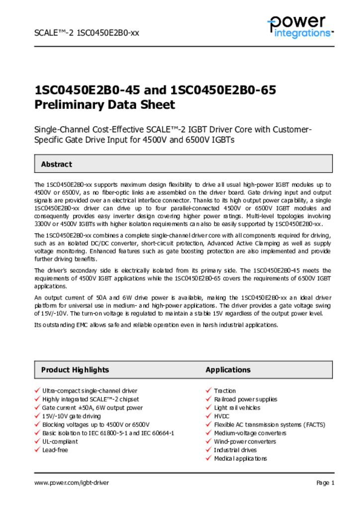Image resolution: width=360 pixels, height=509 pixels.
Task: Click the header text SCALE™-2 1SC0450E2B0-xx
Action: [87, 33]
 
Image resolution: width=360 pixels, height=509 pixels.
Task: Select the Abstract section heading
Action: [56, 164]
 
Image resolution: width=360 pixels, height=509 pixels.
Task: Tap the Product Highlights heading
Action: [75, 370]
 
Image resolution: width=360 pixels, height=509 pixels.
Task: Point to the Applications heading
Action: [228, 370]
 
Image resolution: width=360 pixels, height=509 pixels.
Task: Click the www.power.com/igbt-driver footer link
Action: [72, 483]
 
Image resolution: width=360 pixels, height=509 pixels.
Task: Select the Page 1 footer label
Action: [325, 483]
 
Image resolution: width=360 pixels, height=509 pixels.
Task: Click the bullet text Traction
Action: [225, 391]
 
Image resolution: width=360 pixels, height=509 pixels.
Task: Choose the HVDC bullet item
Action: [222, 416]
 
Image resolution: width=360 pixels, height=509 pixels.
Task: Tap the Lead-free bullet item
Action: [55, 450]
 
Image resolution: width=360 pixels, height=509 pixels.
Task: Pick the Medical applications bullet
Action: [240, 458]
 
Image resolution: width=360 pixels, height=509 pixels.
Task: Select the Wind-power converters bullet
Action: [245, 441]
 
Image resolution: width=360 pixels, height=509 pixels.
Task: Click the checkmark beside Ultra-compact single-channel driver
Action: [37, 391]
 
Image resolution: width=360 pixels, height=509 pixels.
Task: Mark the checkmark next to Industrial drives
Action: [209, 450]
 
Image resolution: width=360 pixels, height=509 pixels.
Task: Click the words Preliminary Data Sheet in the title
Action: [104, 105]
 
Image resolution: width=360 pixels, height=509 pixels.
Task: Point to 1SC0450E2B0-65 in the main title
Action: [223, 90]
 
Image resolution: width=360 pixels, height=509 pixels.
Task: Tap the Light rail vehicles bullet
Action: [237, 408]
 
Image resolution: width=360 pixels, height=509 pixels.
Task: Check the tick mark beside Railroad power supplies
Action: [209, 399]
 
